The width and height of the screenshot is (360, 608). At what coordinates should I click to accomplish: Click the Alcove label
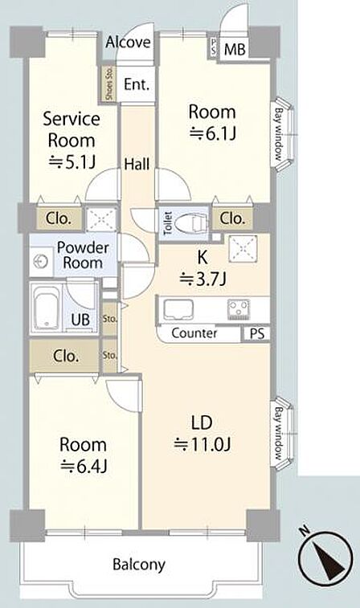[x=128, y=42]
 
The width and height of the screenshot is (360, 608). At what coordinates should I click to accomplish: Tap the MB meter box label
[x=235, y=49]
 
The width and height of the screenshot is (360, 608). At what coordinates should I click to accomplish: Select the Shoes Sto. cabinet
[x=109, y=84]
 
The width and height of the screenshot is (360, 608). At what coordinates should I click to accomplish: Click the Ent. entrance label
[x=137, y=84]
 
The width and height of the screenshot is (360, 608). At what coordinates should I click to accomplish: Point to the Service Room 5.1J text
[x=72, y=141]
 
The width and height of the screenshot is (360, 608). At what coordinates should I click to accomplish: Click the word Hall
[x=137, y=165]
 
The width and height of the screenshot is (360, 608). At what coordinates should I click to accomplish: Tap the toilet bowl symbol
[x=190, y=224]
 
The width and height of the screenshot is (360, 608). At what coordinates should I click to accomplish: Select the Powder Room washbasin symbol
[x=40, y=262]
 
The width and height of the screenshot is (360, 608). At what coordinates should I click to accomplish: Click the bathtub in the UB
[x=46, y=309]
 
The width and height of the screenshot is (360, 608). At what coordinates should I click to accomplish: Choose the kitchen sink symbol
[x=178, y=310]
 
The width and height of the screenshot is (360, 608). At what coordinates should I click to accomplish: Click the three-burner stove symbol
[x=237, y=308]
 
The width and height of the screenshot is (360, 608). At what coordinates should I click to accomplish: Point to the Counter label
[x=194, y=333]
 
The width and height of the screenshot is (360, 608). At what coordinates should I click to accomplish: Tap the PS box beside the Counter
[x=257, y=334]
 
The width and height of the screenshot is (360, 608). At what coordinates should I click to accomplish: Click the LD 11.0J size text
[x=202, y=434]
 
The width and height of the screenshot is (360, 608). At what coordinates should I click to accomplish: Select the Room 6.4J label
[x=83, y=455]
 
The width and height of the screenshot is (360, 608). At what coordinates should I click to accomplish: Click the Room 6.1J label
[x=212, y=123]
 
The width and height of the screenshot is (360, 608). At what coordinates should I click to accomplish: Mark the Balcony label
[x=139, y=565]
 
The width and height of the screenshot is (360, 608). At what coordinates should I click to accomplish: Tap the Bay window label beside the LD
[x=279, y=433]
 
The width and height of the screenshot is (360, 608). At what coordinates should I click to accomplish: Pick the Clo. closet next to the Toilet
[x=232, y=218]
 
